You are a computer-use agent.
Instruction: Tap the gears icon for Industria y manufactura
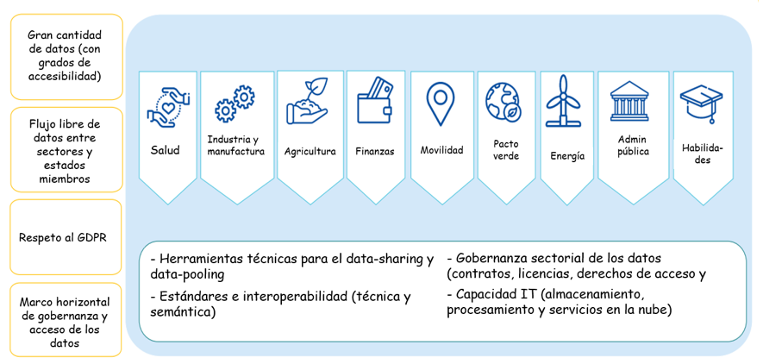[x=235, y=104]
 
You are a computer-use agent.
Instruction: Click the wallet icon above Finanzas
[x=375, y=97]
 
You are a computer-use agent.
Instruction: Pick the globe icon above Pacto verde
[x=503, y=101]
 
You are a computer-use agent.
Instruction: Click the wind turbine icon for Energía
[x=564, y=100]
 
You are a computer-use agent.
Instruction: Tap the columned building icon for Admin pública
[x=632, y=102]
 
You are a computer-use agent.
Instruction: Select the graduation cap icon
[x=702, y=104]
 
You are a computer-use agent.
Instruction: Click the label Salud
[x=165, y=150]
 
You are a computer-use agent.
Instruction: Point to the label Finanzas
[x=375, y=151]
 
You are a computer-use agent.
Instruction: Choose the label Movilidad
[x=441, y=150]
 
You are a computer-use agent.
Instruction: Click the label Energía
[x=566, y=156]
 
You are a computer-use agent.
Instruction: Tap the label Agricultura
[x=310, y=151]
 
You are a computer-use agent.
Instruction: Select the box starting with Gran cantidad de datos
[x=65, y=55]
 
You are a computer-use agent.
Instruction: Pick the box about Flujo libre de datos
[x=65, y=151]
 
